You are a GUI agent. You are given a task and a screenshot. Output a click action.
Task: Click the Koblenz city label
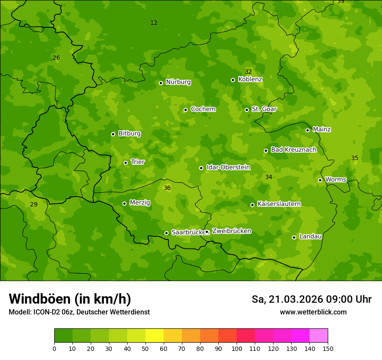tap(250, 79)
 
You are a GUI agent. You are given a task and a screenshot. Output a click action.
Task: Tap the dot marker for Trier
tap(125, 163)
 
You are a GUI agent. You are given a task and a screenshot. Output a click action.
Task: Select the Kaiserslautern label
tap(279, 204)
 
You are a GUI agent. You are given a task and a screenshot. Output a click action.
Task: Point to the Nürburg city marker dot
tap(161, 83)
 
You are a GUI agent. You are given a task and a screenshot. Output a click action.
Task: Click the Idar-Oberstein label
tap(228, 167)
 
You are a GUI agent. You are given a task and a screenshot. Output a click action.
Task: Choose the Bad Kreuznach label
tap(293, 150)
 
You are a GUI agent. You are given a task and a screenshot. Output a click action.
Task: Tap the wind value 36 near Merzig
tap(167, 188)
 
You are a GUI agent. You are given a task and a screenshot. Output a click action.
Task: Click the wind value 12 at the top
tap(154, 23)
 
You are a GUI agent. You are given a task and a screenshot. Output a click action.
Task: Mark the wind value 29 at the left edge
tap(33, 204)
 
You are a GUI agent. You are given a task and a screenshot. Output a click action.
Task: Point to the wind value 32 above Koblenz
tap(248, 72)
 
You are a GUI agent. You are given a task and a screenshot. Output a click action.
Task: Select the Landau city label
tap(310, 236)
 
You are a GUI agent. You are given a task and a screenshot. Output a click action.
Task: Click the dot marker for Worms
tap(320, 180)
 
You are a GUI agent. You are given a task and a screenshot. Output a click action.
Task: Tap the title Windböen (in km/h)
tap(70, 299)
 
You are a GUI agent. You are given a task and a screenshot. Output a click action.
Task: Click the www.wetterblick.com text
tap(313, 312)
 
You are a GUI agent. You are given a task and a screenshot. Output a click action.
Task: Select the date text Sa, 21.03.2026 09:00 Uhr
tap(311, 299)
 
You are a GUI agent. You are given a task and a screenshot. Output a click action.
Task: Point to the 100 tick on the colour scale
tap(237, 348)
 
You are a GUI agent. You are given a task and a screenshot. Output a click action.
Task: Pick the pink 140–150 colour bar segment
tap(319, 336)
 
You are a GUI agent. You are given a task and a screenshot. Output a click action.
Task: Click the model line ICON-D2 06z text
tap(79, 312)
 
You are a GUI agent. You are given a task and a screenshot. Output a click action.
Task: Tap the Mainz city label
tap(322, 129)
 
